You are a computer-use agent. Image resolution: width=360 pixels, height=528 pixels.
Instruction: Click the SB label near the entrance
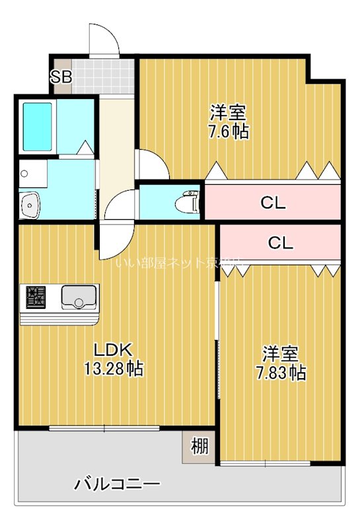[61, 77]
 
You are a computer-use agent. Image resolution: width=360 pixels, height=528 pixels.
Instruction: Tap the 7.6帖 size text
[229, 131]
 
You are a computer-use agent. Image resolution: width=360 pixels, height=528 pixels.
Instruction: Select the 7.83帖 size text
[281, 373]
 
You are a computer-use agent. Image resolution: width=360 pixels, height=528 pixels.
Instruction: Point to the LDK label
[114, 350]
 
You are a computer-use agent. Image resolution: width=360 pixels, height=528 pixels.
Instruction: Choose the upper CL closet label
[272, 203]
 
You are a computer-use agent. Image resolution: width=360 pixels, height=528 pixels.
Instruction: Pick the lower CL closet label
[281, 243]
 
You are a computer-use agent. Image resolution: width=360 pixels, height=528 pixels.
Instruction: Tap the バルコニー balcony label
[117, 485]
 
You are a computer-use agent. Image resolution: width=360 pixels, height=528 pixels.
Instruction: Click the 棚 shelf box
[199, 447]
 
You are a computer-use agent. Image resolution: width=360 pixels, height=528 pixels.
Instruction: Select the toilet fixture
[190, 203]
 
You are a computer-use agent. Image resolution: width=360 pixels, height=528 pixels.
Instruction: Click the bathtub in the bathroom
[38, 126]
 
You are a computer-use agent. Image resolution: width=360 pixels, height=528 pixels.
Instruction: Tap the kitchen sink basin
[79, 298]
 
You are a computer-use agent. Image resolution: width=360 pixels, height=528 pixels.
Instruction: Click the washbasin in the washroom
[30, 205]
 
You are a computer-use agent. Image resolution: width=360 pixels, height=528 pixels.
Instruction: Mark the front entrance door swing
[104, 41]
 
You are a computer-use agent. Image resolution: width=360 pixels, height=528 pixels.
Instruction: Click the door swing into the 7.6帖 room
[151, 165]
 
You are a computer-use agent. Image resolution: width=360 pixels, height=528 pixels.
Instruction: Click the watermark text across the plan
[180, 263]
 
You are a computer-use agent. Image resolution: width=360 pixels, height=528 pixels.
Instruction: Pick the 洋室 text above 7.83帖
[281, 353]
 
